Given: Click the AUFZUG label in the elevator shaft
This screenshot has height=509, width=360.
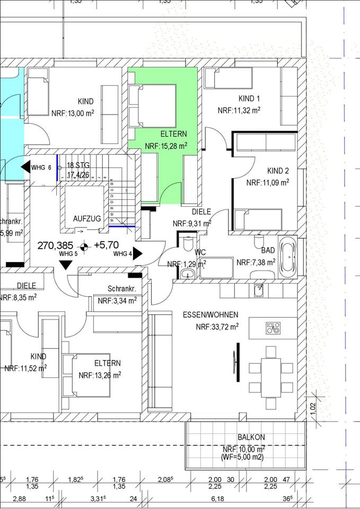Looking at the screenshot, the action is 87,218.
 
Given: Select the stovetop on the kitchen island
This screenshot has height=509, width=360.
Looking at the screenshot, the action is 274,328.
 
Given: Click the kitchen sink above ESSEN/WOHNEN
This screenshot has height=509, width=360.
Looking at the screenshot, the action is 259,289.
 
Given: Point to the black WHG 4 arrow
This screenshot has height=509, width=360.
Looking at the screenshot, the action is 138,253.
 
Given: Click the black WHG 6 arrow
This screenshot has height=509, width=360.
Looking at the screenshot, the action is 25,168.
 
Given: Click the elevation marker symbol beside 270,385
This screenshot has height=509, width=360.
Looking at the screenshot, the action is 84,246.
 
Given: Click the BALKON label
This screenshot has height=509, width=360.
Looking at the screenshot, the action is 251,437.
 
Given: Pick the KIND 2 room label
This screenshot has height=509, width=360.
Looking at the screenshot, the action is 278,171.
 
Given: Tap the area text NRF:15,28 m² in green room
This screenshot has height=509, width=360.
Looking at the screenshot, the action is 166,145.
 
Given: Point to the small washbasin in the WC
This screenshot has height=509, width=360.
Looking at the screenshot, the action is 186,274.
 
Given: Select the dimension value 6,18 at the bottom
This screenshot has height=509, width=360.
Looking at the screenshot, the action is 218,498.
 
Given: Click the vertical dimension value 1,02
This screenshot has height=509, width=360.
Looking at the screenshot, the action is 312,407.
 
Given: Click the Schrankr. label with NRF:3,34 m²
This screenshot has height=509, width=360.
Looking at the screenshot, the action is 122,289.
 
